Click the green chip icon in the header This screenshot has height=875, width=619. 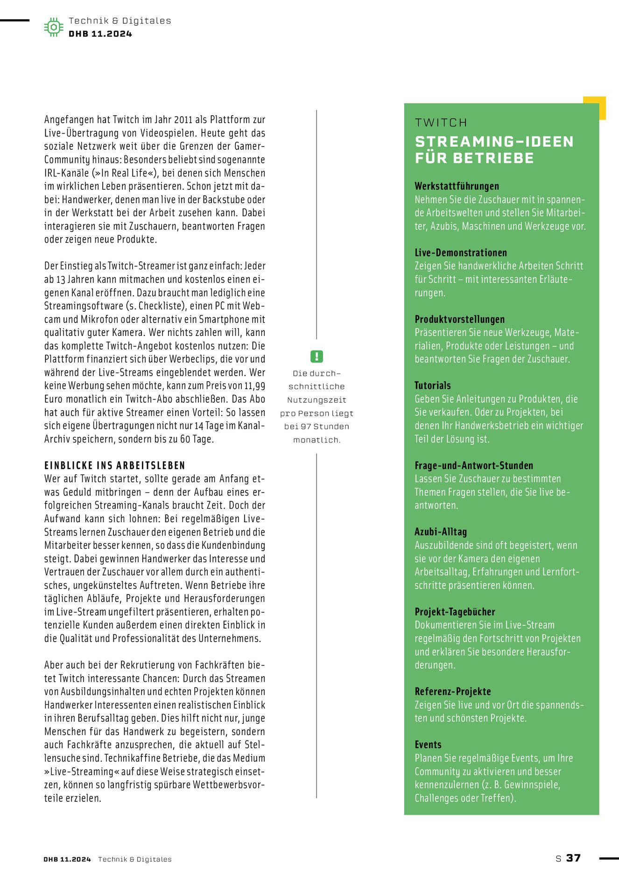coord(54,27)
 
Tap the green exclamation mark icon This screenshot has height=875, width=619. coord(317,357)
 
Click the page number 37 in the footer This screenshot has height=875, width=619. coord(573,858)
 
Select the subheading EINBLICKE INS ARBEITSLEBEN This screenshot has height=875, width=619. coord(115,465)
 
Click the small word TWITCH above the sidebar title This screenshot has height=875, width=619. coord(441,123)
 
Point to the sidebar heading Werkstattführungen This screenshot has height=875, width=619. coord(457,186)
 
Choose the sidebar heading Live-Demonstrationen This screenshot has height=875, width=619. coord(460,252)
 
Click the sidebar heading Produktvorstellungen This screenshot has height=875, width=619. coord(459,319)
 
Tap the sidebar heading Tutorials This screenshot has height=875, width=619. coord(432,385)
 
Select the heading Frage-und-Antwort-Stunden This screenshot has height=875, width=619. coord(473,465)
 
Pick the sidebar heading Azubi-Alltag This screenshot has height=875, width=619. coord(440,532)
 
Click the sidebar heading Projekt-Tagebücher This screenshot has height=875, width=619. coord(455,611)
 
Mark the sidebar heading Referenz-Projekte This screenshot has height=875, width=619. coord(452,691)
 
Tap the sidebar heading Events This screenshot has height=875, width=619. coord(428,744)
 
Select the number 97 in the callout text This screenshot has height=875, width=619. coord(306,427)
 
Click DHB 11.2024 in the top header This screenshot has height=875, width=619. coord(100,34)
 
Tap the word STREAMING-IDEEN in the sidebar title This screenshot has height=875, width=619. coord(494,142)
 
